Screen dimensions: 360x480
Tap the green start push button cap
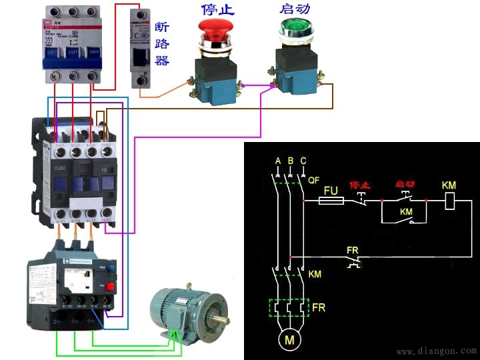coord(291,28)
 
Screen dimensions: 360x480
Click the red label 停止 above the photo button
coord(217,9)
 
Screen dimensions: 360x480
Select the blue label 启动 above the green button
coord(294,9)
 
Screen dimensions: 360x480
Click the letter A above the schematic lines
coord(277,160)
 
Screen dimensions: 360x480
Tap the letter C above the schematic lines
coord(304,160)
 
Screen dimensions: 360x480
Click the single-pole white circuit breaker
coord(139,50)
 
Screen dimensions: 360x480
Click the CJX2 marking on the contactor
coord(61,167)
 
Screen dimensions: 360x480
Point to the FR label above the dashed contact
coord(353,251)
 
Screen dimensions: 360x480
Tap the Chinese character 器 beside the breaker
coord(162,61)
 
